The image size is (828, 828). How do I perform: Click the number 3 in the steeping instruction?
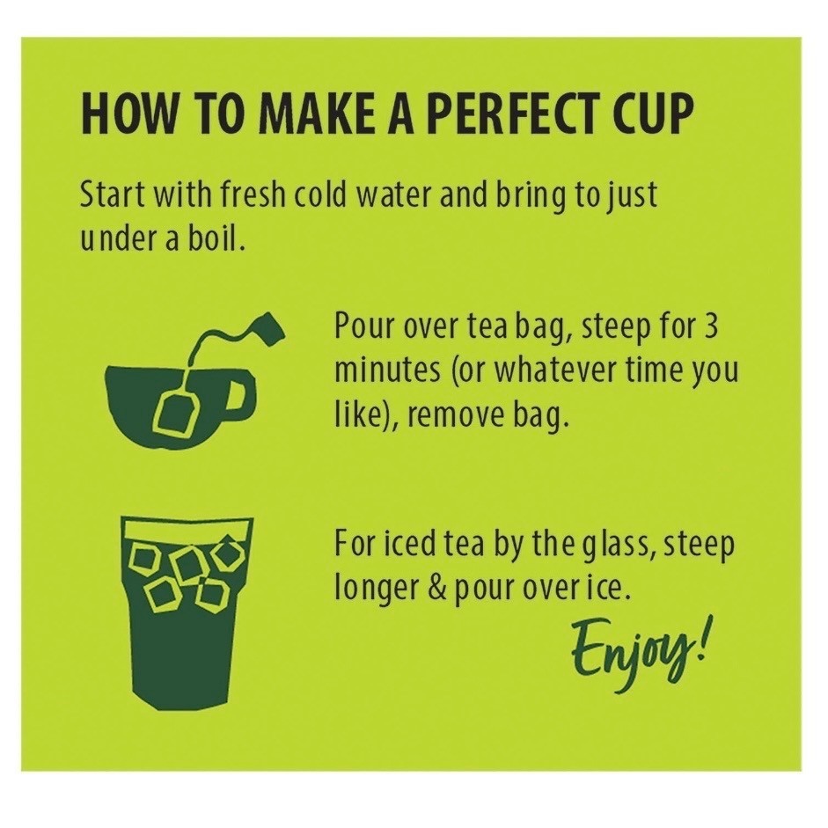point(711,326)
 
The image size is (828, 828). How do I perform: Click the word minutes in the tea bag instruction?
point(387,371)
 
